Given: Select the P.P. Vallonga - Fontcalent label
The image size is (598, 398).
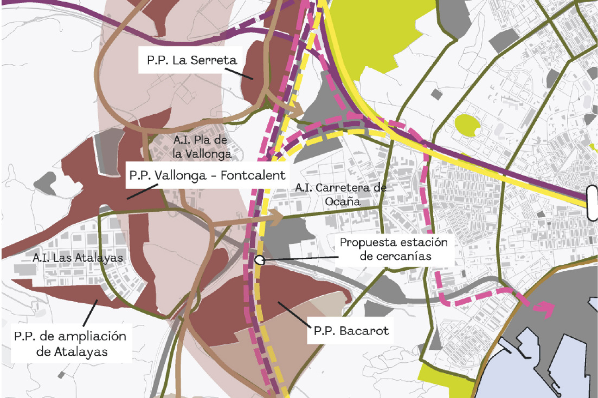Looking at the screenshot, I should click(x=207, y=176).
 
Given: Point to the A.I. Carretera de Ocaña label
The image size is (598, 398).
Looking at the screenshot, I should click(x=340, y=194).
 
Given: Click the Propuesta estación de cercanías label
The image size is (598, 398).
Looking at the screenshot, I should click(x=394, y=249).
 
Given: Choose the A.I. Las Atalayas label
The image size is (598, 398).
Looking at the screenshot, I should click(x=78, y=258).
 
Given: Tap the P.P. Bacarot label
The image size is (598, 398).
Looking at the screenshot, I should click(x=350, y=330).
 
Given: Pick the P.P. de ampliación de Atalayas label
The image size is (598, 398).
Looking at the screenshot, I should click(x=70, y=344).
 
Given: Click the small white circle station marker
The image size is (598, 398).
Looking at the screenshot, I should click(x=260, y=259).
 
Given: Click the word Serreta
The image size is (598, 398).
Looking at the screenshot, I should click(x=204, y=60).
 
